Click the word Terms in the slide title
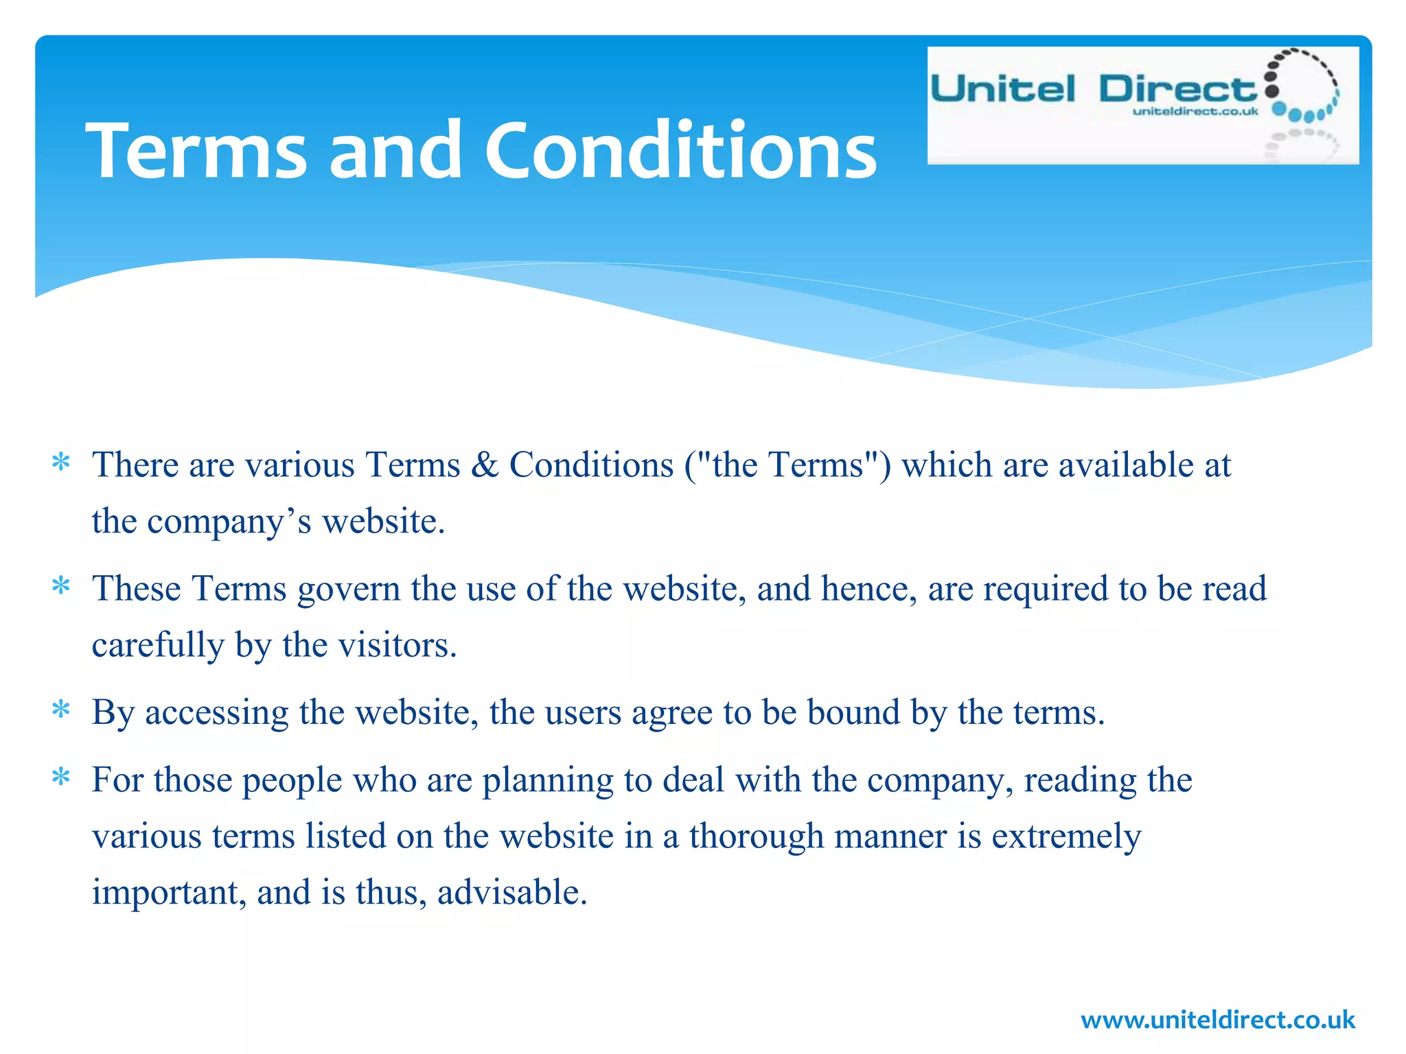(x=196, y=150)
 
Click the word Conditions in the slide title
(x=680, y=150)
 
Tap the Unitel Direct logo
(x=1142, y=105)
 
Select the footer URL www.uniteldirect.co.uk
(x=1218, y=1020)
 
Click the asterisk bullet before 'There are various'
(x=61, y=463)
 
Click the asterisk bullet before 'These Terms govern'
(x=61, y=587)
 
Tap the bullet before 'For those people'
(x=61, y=778)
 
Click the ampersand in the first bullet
(x=485, y=465)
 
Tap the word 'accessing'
(x=216, y=714)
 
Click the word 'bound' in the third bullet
(x=853, y=712)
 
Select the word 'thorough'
(x=756, y=837)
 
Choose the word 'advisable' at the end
(x=511, y=893)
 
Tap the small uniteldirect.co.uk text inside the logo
(x=1195, y=111)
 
